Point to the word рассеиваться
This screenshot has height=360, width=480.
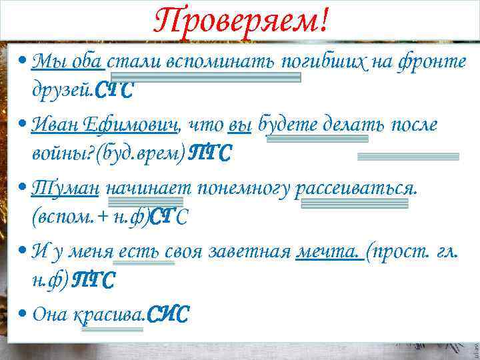click(359, 189)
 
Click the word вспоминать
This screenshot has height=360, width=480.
click(227, 63)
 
